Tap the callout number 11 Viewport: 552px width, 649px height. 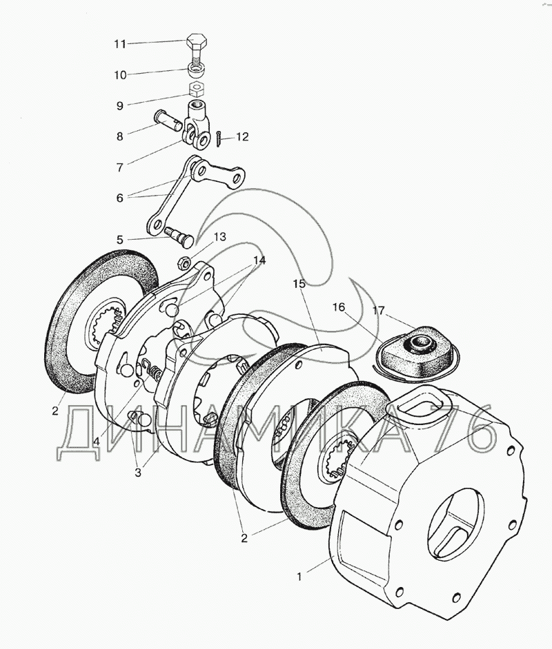tap(120, 44)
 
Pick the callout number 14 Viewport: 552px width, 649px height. tap(259, 260)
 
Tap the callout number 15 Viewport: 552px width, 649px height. tap(298, 284)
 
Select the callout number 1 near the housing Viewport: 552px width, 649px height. tap(299, 577)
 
